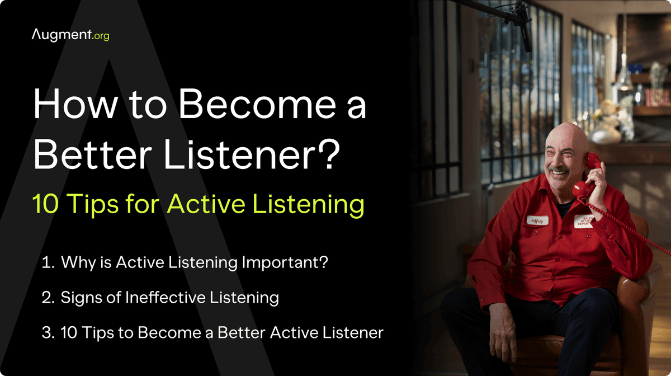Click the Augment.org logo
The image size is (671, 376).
(71, 35)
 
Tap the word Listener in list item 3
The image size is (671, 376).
(351, 332)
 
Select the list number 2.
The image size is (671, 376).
(47, 297)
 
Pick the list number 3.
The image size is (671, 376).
(47, 332)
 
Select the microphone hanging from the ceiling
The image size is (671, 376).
(525, 34)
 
